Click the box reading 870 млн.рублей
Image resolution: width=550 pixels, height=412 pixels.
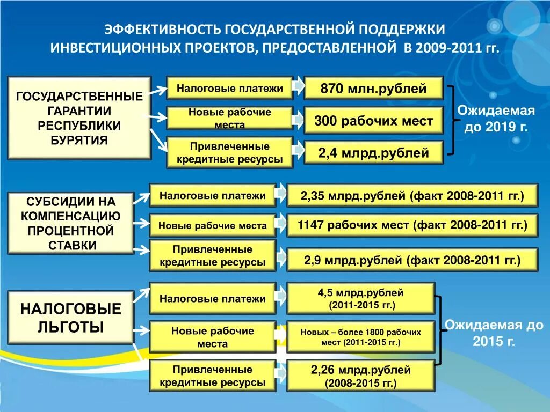tap(373, 88)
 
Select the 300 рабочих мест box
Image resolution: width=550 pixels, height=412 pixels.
tap(373, 121)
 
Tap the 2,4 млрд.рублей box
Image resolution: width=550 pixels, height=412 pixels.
tap(373, 153)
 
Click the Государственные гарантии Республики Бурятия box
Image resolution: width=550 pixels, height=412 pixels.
tap(79, 118)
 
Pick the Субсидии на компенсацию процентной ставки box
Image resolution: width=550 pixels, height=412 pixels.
tap(70, 223)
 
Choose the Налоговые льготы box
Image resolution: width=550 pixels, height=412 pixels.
tap(70, 318)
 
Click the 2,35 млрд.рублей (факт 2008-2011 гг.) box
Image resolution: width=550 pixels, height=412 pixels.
tap(412, 196)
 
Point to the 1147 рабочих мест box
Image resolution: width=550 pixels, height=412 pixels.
tap(412, 225)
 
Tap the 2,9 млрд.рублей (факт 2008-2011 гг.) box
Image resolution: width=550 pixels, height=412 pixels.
tap(412, 261)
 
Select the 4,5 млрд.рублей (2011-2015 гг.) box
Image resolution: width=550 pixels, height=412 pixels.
tap(360, 298)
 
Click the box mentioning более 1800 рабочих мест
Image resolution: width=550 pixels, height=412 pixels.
tap(360, 337)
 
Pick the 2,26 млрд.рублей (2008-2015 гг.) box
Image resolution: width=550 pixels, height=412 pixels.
tap(360, 376)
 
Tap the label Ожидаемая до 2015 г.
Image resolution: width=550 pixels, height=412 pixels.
tap(494, 333)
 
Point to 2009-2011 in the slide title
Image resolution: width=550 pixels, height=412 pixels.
tap(439, 47)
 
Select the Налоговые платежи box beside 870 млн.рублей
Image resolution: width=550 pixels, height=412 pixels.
tap(230, 88)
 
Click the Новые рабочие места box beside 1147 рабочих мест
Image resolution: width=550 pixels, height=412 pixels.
tap(212, 226)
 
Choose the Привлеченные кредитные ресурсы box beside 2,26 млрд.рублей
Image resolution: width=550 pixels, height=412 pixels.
tap(212, 376)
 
